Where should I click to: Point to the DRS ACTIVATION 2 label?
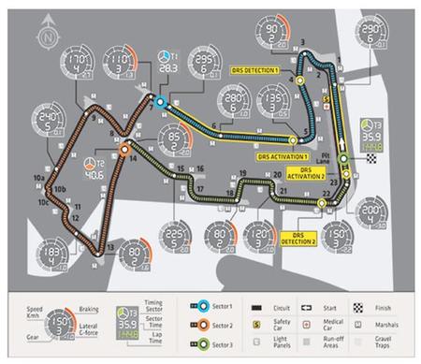click(x=306, y=171)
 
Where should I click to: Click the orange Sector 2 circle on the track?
click(x=124, y=148)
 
